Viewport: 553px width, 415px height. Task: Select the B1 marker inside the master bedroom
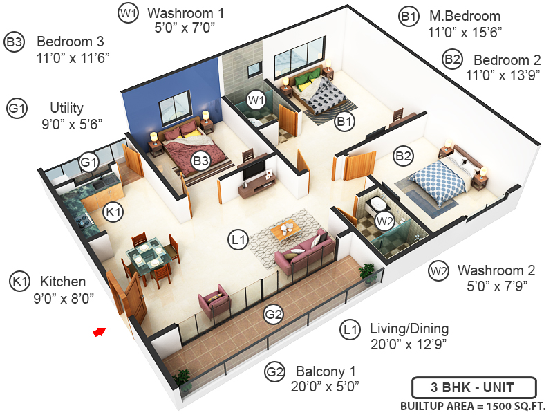tap(344, 122)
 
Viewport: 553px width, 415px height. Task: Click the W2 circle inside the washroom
tap(385, 221)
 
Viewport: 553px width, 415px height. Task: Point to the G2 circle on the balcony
tap(274, 315)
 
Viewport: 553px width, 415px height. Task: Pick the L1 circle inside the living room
tap(238, 240)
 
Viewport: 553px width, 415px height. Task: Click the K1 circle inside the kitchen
tap(112, 212)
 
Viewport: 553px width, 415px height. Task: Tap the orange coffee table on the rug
tap(285, 230)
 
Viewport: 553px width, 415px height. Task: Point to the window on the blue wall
tap(173, 110)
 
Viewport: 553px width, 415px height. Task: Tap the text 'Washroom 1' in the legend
tap(186, 13)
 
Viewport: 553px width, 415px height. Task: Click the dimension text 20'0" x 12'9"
tap(409, 344)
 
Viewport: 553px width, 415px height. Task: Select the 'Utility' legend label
tap(66, 108)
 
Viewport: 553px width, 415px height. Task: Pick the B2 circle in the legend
tap(452, 60)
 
